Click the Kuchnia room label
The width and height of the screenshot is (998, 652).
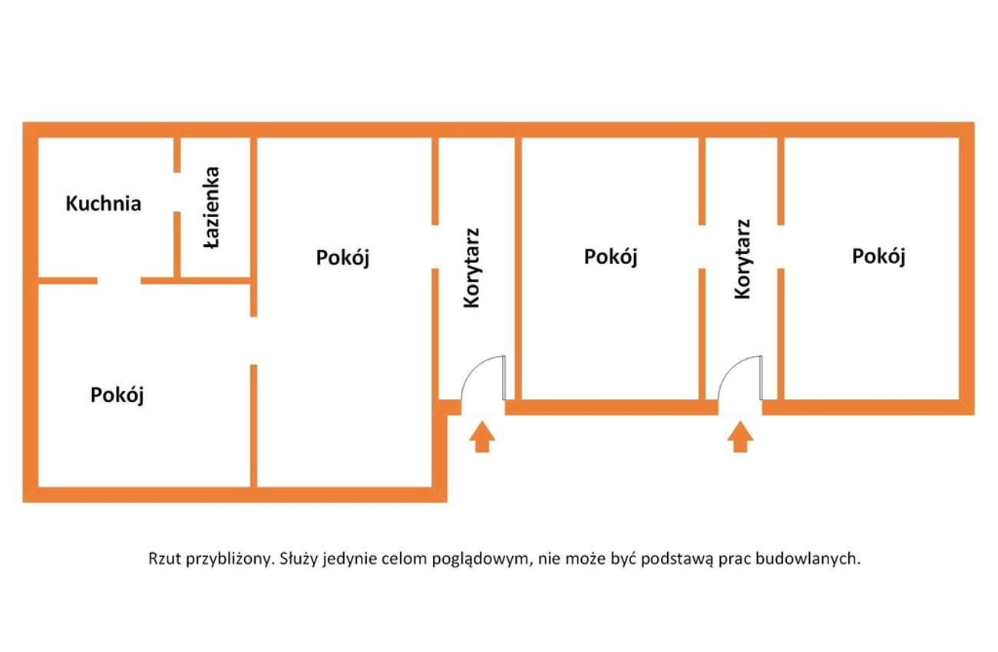(x=104, y=203)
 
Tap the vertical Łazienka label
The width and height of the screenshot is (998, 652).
(x=212, y=207)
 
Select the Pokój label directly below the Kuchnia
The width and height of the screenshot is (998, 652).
(x=117, y=395)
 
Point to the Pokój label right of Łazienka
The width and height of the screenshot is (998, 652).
(x=342, y=258)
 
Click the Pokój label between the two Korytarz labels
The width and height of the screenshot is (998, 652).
(x=611, y=257)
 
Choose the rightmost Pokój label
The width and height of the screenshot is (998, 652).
(x=878, y=256)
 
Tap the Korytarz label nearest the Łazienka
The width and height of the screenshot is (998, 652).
(x=471, y=268)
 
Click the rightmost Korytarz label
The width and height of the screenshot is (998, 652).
(x=742, y=259)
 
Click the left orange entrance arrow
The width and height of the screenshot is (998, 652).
(x=482, y=436)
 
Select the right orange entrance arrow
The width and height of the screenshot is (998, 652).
(x=740, y=436)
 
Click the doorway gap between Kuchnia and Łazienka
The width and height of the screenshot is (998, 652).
(x=177, y=192)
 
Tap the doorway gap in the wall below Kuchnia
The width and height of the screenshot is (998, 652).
(x=119, y=281)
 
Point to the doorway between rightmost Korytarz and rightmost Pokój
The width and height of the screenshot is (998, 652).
(x=781, y=246)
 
